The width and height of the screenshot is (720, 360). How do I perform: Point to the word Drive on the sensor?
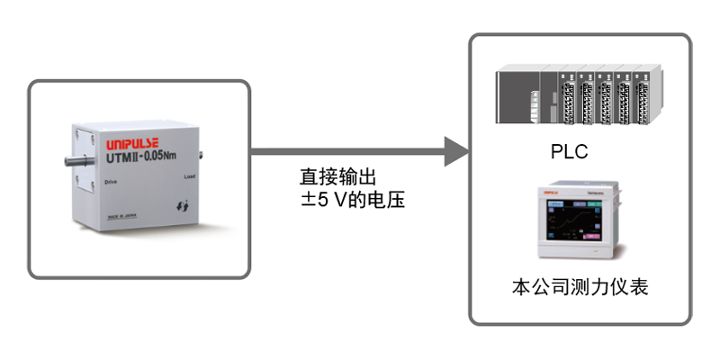pyautogui.click(x=111, y=181)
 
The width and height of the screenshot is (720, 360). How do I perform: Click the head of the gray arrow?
pyautogui.click(x=457, y=150)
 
